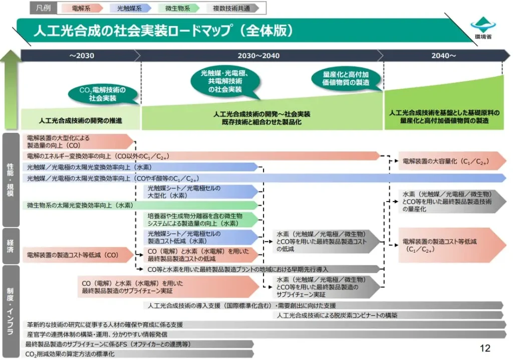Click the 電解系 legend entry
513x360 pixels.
click(82, 8)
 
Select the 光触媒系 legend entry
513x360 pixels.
click(130, 8)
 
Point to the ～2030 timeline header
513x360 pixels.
click(81, 56)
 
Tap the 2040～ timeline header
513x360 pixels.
click(443, 56)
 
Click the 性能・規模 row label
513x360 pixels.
click(10, 179)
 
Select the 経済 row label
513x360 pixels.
click(10, 246)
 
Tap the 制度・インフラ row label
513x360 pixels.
click(10, 311)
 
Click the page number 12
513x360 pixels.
click(484, 348)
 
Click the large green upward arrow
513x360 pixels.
click(11, 90)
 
